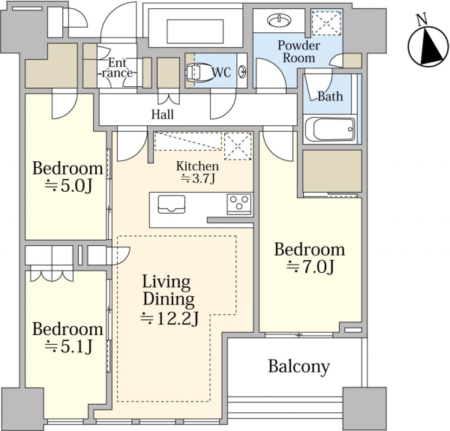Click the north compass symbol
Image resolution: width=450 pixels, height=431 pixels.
click(428, 46)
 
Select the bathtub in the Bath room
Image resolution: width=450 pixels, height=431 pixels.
click(330, 129)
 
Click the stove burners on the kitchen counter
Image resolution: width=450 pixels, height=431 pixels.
click(239, 204)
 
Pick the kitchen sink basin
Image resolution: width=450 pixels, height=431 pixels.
click(171, 204)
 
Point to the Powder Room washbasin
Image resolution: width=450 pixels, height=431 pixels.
click(279, 20)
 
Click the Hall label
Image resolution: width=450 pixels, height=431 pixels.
click(163, 115)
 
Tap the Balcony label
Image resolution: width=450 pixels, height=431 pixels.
click(298, 367)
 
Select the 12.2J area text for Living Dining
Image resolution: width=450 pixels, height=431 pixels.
click(169, 319)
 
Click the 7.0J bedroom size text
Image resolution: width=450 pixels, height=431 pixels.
click(310, 267)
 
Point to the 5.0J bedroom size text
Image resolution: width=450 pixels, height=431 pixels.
click(68, 186)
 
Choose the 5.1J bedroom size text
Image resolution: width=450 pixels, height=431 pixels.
click(68, 346)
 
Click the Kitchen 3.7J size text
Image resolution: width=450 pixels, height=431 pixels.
click(197, 178)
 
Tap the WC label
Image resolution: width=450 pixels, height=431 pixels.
click(221, 72)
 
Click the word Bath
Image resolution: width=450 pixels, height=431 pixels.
click(330, 97)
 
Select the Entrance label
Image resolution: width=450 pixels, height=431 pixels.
click(118, 67)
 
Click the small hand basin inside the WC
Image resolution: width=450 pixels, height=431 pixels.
click(242, 70)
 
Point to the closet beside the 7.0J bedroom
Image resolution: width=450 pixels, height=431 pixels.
click(332, 171)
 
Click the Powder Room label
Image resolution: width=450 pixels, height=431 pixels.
click(298, 51)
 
